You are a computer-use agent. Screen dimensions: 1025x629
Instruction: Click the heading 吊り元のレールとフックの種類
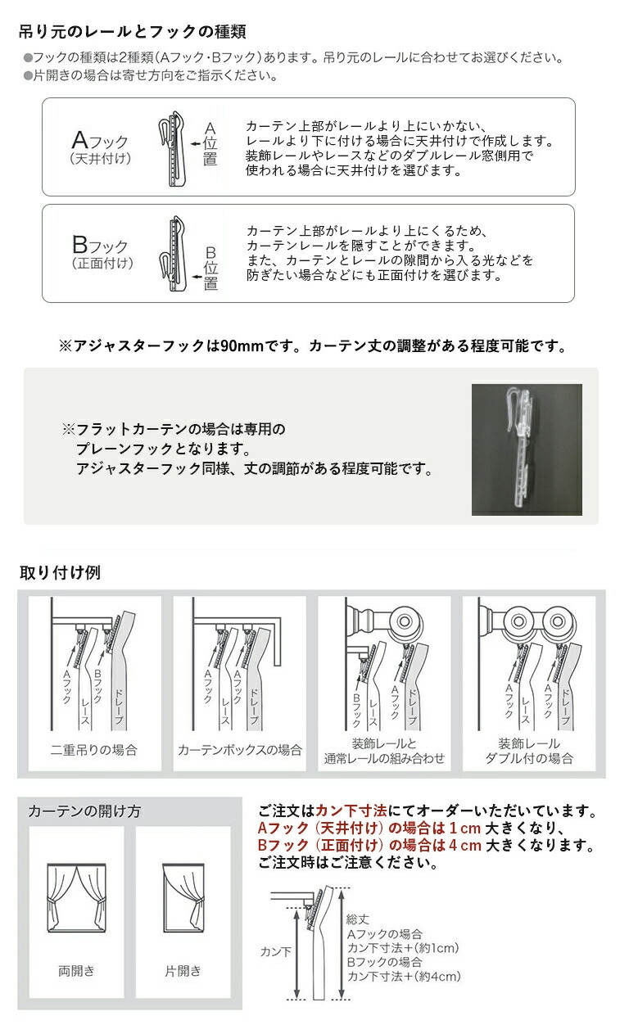click(132, 33)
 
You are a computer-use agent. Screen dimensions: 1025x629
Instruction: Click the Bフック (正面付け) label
click(100, 251)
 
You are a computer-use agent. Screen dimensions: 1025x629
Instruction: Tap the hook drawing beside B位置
click(173, 254)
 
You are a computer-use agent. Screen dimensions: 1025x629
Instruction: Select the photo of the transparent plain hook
click(527, 449)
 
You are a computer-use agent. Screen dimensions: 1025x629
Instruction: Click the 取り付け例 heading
click(60, 572)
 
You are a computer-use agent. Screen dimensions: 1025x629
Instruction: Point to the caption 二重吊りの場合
click(93, 749)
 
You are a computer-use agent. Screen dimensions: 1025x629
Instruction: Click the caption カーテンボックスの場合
click(239, 749)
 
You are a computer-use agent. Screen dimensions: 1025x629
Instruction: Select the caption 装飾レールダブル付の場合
click(529, 751)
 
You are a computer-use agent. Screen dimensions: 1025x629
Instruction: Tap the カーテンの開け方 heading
click(84, 811)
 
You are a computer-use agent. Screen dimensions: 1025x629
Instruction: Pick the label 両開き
click(76, 971)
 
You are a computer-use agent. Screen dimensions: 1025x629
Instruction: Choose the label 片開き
click(183, 971)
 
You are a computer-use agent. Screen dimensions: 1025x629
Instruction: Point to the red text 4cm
click(466, 846)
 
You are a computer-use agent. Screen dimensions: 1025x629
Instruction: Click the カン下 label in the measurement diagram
click(274, 951)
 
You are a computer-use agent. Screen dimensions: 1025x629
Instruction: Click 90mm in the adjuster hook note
click(242, 346)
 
